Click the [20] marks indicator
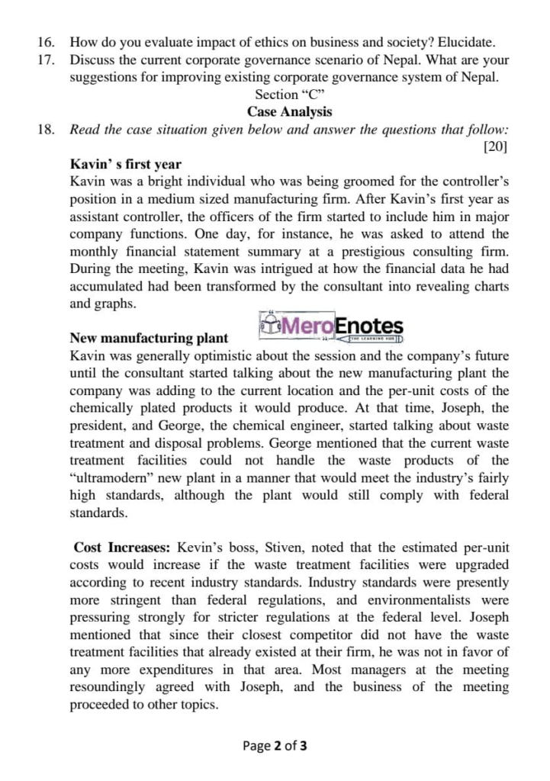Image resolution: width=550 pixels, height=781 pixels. (x=496, y=146)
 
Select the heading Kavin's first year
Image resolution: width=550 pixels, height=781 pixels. (x=125, y=164)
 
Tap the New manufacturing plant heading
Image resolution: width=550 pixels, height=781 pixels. (x=149, y=338)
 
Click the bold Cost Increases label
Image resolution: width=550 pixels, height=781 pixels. (x=123, y=548)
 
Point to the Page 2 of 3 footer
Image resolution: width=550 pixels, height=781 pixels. (x=275, y=746)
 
